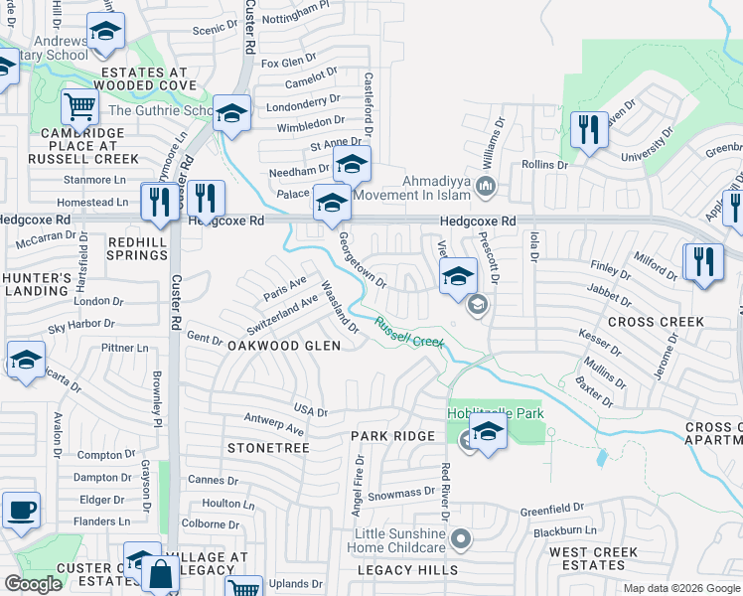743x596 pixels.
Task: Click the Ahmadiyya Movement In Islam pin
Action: (486, 186)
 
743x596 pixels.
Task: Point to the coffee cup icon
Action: (21, 511)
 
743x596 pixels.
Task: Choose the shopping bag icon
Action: (160, 573)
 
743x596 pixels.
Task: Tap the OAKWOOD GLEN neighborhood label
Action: (283, 346)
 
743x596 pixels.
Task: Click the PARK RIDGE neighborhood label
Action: (392, 436)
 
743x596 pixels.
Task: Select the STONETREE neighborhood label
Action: (268, 449)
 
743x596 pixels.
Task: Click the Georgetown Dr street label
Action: (361, 261)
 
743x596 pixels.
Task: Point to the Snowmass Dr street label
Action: (400, 491)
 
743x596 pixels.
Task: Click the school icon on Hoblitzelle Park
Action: (487, 431)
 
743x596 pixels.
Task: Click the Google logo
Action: (33, 584)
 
